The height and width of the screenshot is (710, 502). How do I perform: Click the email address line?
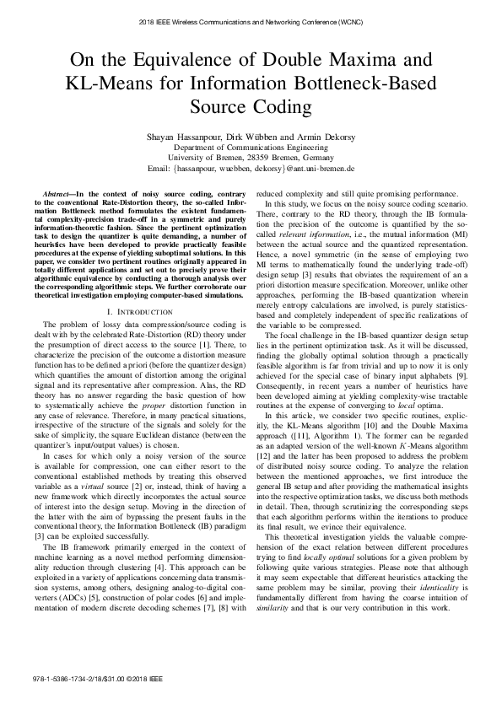click(x=251, y=168)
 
